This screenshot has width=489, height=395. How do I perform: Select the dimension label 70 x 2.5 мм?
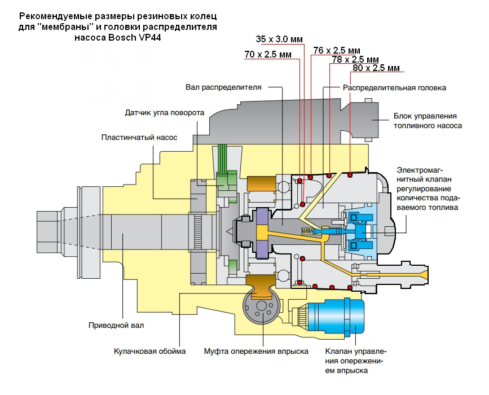(268, 55)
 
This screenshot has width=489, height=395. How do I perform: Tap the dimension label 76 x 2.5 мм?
(336, 50)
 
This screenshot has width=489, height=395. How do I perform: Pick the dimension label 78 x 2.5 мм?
(355, 59)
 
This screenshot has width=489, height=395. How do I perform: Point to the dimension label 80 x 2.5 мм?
(376, 68)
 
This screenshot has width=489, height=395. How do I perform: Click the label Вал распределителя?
(223, 87)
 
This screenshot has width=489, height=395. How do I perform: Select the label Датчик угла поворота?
(164, 112)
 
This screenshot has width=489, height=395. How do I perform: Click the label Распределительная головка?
(395, 88)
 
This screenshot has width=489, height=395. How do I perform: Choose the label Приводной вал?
(112, 326)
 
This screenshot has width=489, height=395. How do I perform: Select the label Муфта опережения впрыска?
(256, 352)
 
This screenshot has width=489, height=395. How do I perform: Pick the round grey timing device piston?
(261, 308)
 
